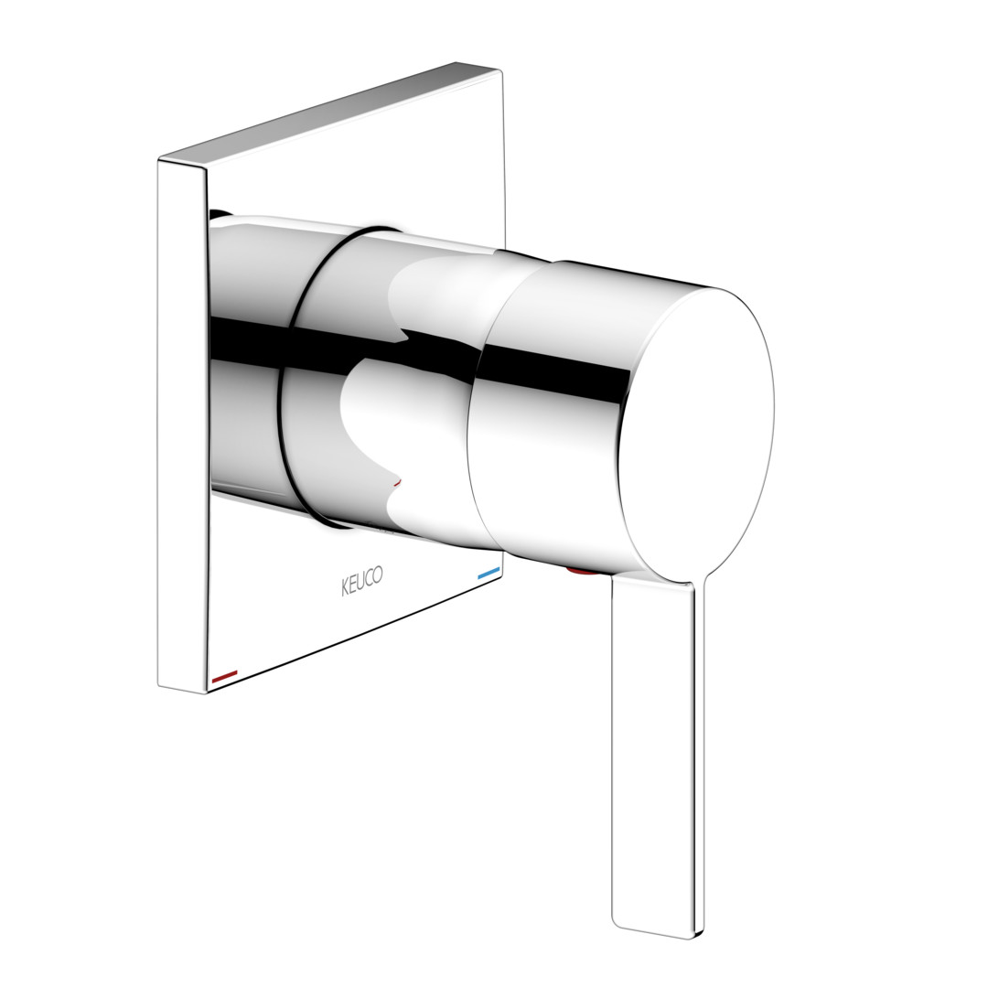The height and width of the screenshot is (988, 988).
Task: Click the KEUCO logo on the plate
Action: [x=361, y=580]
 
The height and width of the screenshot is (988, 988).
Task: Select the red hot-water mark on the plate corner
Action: [x=225, y=677]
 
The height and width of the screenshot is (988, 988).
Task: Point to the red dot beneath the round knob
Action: [x=577, y=571]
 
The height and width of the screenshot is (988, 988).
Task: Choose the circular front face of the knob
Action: [x=695, y=435]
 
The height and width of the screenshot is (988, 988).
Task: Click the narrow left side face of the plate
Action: [x=182, y=426]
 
